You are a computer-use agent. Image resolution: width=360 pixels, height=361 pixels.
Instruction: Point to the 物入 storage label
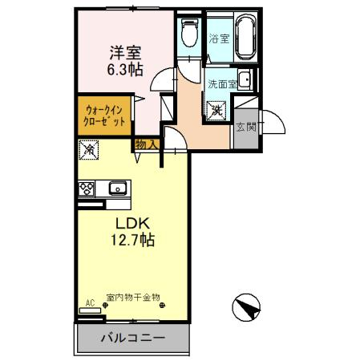[147, 144]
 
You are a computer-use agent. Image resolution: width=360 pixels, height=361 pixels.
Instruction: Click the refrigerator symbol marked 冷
[90, 149]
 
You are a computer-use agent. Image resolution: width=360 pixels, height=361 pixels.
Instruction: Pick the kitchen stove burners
[86, 189]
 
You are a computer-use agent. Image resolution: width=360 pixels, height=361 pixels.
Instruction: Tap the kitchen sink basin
[118, 189]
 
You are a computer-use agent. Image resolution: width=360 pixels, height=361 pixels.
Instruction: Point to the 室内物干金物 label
[132, 297]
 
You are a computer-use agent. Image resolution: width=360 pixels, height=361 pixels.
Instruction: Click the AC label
[90, 302]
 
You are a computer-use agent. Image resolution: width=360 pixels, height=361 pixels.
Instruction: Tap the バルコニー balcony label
[132, 338]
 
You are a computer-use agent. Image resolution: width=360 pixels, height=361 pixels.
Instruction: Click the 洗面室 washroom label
[221, 83]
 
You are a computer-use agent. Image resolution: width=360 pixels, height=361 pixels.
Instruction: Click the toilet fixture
[189, 33]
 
